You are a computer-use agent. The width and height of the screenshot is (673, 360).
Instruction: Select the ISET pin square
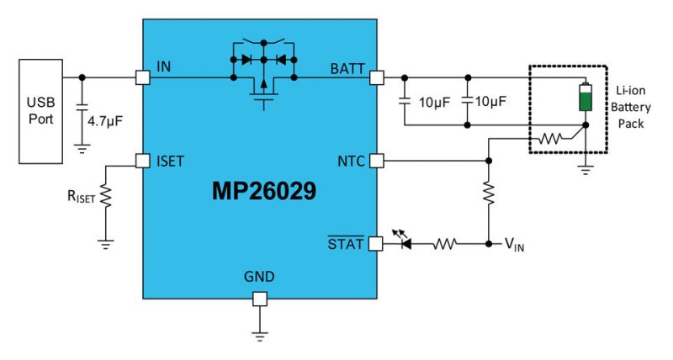[x=141, y=160]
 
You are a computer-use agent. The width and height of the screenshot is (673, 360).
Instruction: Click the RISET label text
[x=83, y=199]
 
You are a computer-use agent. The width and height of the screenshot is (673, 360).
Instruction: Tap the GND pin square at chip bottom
[x=260, y=298]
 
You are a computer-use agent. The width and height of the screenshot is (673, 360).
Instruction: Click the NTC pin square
[x=378, y=160]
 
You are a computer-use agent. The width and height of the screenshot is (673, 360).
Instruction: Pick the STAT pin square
[x=378, y=244]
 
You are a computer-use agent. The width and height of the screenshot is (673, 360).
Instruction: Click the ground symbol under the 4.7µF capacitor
[x=82, y=148]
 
